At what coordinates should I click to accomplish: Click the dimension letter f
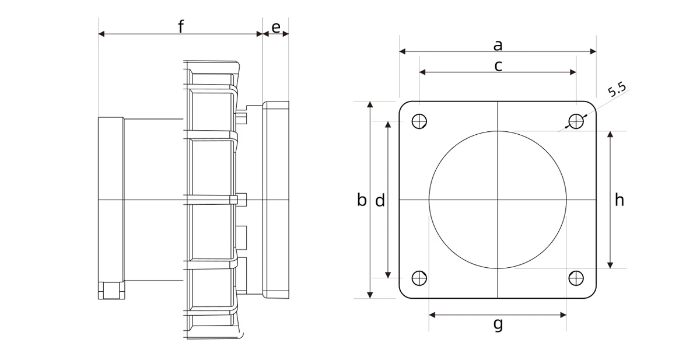[x=181, y=26]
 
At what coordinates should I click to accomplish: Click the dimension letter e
[x=275, y=27]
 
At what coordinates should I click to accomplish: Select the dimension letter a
[x=498, y=46]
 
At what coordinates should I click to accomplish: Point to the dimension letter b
[x=362, y=200]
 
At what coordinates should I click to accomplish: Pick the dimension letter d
[x=380, y=200]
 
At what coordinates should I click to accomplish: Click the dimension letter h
[x=619, y=200]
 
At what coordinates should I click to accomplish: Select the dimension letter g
[x=498, y=324]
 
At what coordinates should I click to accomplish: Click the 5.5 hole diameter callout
[x=617, y=89]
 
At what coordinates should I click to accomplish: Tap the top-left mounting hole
[x=419, y=121]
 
